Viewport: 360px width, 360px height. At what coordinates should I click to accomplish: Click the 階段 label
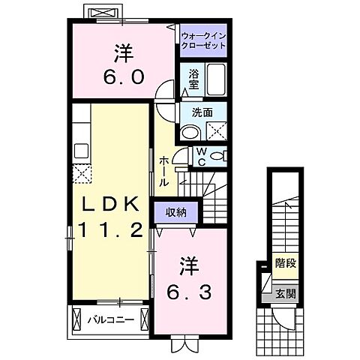[x=284, y=264]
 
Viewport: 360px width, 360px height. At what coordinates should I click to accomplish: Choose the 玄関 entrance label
[x=284, y=292]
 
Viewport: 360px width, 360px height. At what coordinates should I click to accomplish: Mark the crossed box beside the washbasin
[x=217, y=133]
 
